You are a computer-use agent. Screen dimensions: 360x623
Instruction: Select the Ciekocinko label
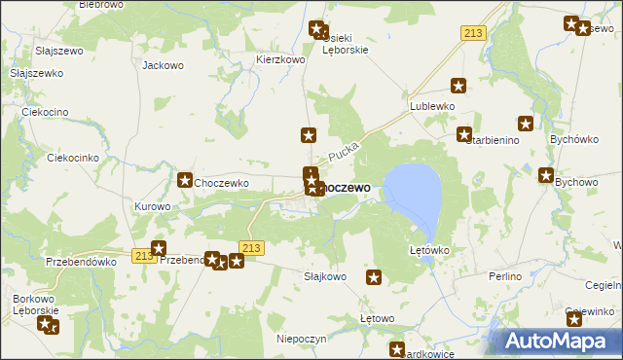coord(74,158)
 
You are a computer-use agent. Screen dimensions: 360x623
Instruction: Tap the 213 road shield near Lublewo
coord(473,34)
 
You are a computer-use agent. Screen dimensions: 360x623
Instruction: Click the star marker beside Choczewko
coord(185,180)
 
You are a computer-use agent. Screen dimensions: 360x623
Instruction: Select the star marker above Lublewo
coord(458,87)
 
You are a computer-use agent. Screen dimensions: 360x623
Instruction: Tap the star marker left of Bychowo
coord(547,174)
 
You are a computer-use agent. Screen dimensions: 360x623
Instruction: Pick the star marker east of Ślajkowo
coord(374,278)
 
